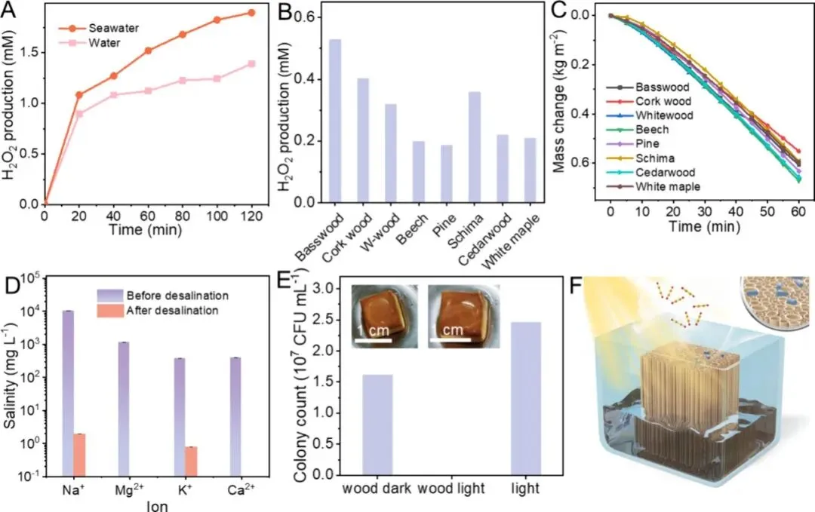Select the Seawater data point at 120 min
point(251,13)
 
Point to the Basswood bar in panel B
point(335,121)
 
